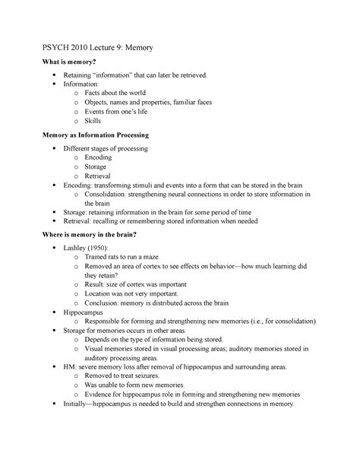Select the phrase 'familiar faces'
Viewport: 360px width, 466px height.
pyautogui.click(x=219, y=100)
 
